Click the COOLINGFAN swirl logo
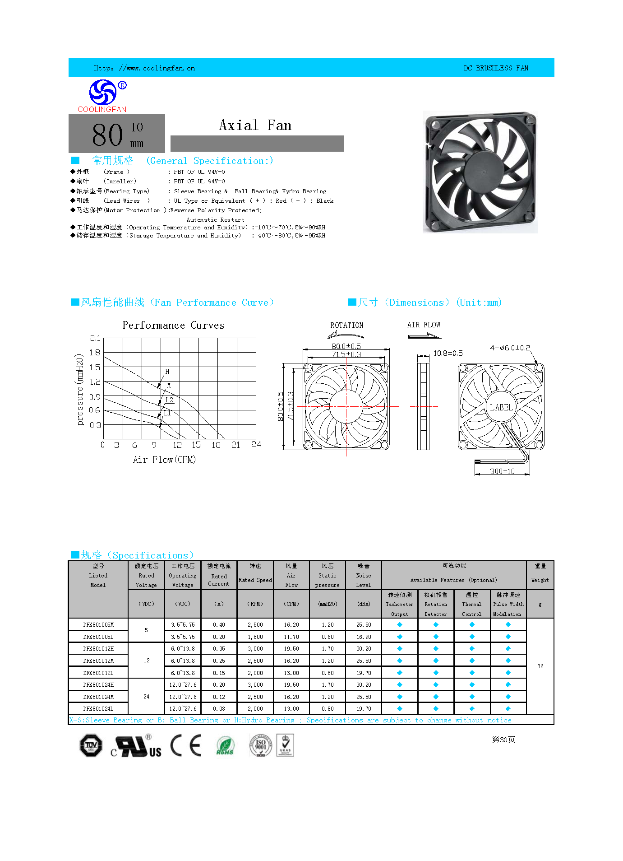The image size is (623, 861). click(103, 92)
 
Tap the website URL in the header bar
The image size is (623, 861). click(144, 68)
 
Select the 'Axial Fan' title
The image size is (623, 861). click(255, 125)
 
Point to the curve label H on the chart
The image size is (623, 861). click(167, 372)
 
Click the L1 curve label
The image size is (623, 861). click(167, 413)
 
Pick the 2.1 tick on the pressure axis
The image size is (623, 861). click(95, 338)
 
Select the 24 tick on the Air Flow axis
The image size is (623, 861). click(256, 445)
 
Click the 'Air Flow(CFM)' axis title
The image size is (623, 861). click(164, 460)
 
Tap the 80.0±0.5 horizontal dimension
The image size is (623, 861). click(346, 346)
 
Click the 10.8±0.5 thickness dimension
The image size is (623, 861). click(448, 353)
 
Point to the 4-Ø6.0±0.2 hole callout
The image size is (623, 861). click(510, 348)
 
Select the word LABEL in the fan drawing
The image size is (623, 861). click(501, 407)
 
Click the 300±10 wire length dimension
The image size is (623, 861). click(502, 471)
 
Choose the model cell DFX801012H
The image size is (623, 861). click(98, 649)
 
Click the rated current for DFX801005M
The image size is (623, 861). click(219, 625)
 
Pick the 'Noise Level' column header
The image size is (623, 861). click(364, 576)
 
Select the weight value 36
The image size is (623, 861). click(540, 666)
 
